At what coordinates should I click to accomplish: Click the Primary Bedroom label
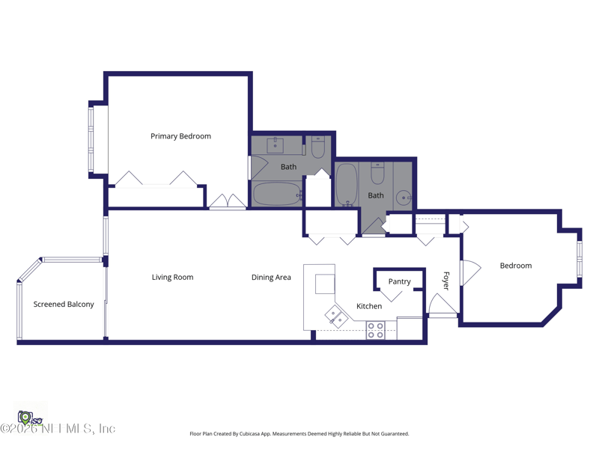pos(180,136)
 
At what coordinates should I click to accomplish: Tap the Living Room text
pos(172,278)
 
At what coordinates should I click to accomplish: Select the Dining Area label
pos(271,278)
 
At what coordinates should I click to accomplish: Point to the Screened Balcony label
pos(64,305)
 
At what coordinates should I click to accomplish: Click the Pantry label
pos(399,282)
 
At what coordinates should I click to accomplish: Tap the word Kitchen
pos(369,306)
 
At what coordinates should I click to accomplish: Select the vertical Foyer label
pos(446,281)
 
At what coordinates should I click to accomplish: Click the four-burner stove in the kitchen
pos(376,330)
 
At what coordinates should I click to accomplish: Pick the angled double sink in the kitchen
pos(337,317)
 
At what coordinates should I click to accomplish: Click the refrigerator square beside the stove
pos(410,329)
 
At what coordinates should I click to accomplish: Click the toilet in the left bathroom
pos(318,147)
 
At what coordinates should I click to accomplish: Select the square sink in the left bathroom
pos(276,145)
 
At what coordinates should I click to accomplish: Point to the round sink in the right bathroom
pos(404,198)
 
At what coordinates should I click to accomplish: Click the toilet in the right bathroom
pos(377,174)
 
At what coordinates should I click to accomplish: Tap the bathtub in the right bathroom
pos(347,184)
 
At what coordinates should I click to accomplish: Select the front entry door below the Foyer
pos(443,305)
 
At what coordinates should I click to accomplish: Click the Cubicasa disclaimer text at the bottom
pos(299,434)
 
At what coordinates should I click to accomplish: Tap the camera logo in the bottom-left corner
pos(25,417)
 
